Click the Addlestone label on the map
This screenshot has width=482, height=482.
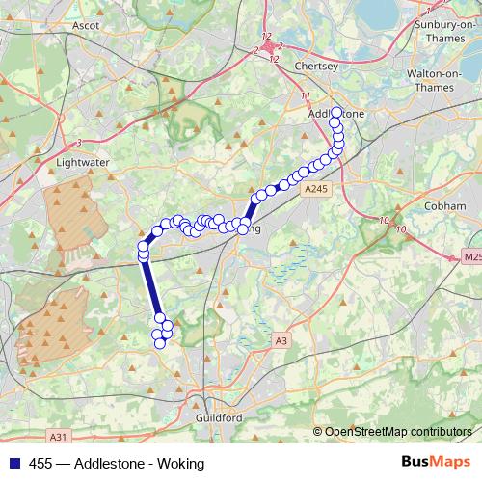click(335, 114)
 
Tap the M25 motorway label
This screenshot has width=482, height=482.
click(470, 257)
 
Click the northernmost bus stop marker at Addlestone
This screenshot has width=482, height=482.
click(335, 113)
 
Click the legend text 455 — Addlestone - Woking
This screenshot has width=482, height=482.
click(117, 464)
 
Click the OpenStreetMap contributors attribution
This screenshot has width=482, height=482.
click(396, 432)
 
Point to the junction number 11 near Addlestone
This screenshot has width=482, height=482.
click(306, 96)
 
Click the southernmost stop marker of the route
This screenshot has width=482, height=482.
click(160, 343)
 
